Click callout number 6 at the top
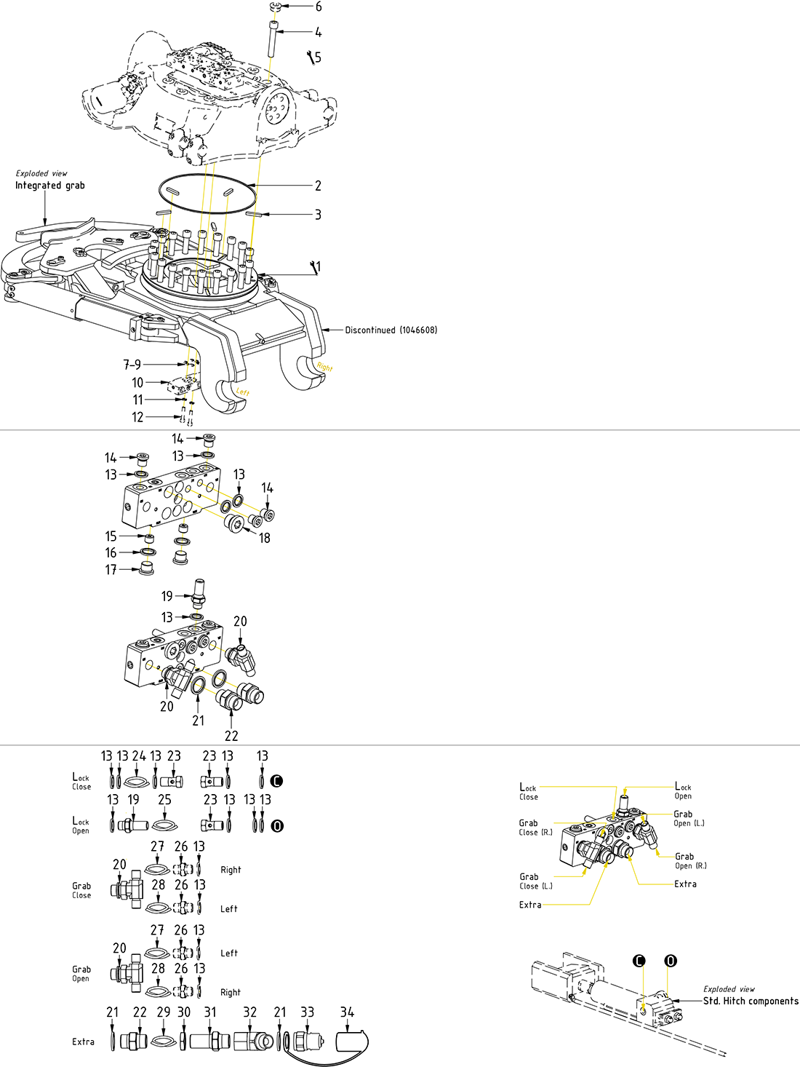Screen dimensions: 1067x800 (319, 7)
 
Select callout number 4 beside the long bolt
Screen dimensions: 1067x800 (319, 32)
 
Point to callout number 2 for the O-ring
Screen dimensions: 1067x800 (318, 186)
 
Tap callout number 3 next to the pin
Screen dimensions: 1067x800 (318, 215)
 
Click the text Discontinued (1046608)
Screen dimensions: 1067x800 (391, 330)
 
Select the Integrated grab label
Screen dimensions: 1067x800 (50, 186)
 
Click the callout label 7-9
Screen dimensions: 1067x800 (132, 365)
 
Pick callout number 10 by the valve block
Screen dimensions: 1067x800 (137, 382)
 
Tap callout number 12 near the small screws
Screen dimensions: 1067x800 (137, 417)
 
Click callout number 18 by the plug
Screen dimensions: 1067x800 (265, 538)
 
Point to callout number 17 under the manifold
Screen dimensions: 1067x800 (111, 570)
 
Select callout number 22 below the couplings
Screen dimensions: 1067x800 (231, 736)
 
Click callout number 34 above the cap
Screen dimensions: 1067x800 (348, 1012)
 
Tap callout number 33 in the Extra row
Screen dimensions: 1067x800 (308, 1012)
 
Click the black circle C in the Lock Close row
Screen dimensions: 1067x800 (276, 781)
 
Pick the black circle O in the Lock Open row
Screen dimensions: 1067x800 (277, 826)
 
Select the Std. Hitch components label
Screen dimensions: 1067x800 (751, 1001)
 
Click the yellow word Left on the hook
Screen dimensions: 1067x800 (243, 392)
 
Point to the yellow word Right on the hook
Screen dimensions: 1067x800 (324, 368)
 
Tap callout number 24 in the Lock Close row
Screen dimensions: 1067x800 (139, 756)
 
